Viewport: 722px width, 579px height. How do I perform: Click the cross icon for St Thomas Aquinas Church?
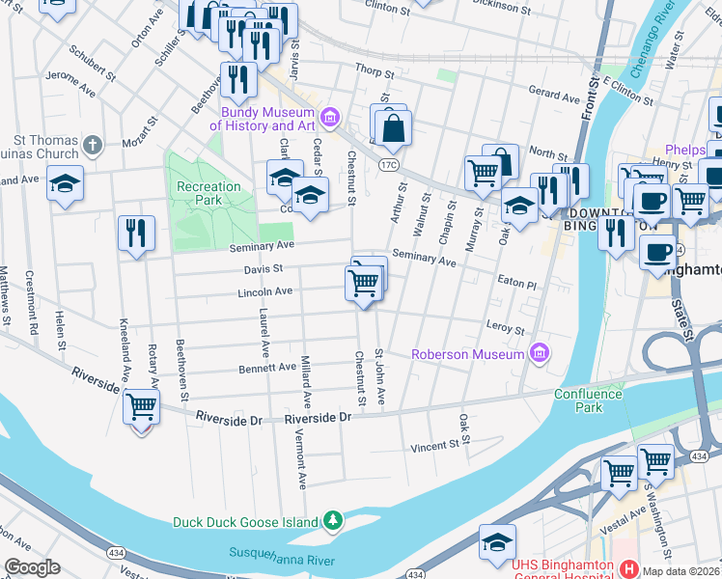point(92,146)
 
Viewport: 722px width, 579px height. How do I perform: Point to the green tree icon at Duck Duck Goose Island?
point(333,521)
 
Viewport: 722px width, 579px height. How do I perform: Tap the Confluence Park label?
point(591,400)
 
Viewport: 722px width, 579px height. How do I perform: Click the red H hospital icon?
point(627,568)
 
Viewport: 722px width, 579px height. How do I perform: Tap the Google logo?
point(32,567)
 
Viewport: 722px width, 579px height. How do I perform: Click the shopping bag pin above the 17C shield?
point(393,127)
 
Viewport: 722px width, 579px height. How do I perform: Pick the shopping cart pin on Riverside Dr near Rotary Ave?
point(142,406)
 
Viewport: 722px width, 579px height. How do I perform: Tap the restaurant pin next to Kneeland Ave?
point(136,233)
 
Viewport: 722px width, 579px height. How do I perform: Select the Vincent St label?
point(432,447)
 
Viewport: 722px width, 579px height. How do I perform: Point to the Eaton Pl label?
point(515,285)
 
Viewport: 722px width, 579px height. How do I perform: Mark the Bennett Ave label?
point(267,368)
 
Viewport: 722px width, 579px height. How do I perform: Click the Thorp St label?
point(375,72)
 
